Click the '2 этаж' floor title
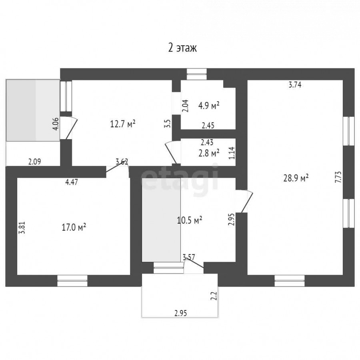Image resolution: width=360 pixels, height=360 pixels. [182, 48]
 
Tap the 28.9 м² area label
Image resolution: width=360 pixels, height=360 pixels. [296, 178]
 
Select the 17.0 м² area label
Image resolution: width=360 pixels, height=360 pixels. [74, 228]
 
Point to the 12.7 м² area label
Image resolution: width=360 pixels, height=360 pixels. [123, 124]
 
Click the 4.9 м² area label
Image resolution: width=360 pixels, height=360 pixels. [209, 106]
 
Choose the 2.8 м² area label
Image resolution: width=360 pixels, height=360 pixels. [209, 153]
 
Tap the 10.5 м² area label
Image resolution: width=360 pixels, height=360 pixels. [190, 220]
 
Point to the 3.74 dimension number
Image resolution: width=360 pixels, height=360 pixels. [295, 85]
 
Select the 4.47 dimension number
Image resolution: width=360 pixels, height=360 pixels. [72, 182]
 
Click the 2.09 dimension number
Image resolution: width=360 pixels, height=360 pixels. [35, 162]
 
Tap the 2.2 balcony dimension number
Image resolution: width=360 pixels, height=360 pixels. [214, 296]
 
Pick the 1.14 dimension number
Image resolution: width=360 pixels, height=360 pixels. [232, 153]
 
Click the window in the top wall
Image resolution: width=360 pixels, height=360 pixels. [196, 74]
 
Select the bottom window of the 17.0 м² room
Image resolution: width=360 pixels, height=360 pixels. [72, 280]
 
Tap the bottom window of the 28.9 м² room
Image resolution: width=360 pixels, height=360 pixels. [290, 280]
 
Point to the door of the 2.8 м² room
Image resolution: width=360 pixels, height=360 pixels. [173, 152]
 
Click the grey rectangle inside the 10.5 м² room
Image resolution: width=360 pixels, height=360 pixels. [161, 220]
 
